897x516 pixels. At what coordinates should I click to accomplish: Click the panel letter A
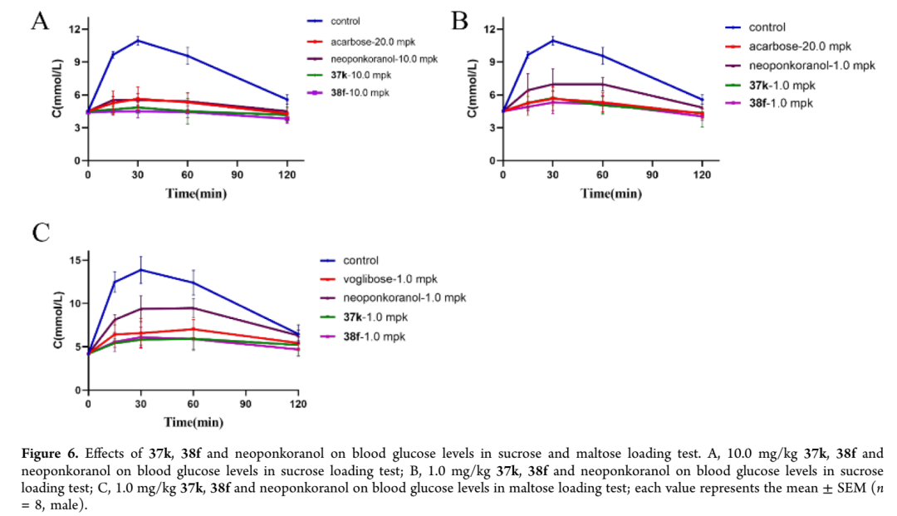39,21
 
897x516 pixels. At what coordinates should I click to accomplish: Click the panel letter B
459,21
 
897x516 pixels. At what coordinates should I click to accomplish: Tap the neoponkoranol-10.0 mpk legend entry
383,59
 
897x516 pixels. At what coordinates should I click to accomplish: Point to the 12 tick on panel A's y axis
75,30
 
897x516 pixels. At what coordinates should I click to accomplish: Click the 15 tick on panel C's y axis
75,260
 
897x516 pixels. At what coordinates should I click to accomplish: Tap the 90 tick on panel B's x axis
652,175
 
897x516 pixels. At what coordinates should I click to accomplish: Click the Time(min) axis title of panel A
195,194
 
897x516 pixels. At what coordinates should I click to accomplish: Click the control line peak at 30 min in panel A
138,40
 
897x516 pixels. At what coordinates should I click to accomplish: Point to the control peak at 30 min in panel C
141,269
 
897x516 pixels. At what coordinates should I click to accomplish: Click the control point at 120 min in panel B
702,100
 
